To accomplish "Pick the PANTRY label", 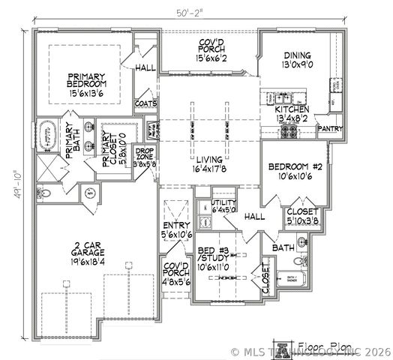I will pyautogui.click(x=330, y=128).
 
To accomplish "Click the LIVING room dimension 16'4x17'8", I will pyautogui.click(x=205, y=170).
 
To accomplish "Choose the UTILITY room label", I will pyautogui.click(x=223, y=202).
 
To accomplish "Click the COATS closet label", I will pyautogui.click(x=145, y=103).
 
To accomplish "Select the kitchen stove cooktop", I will pyautogui.click(x=287, y=133).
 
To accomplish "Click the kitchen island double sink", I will pyautogui.click(x=283, y=97).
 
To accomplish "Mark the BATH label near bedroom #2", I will pyautogui.click(x=282, y=247).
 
